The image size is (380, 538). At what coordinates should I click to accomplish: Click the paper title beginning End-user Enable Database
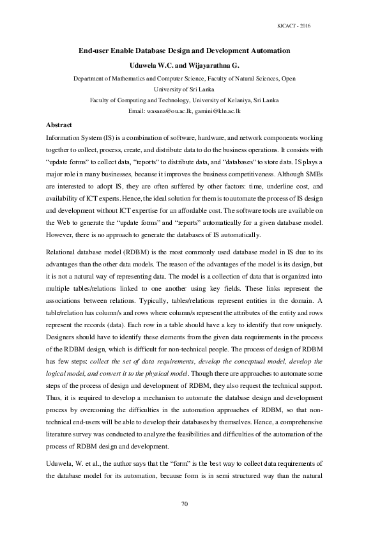[184, 50]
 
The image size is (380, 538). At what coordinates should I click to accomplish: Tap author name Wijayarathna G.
[211, 65]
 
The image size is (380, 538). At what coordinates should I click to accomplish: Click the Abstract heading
[59, 125]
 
